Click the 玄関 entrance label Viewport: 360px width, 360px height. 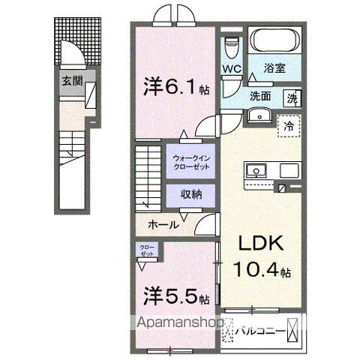click(72, 81)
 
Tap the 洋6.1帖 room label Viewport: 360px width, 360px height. click(175, 88)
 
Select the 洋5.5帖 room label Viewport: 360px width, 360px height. click(175, 298)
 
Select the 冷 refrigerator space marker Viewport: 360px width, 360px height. click(288, 127)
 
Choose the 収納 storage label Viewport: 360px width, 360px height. click(190, 193)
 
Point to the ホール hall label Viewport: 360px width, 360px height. click(163, 223)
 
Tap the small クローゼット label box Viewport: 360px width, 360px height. click(147, 250)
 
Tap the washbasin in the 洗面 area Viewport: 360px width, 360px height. click(259, 115)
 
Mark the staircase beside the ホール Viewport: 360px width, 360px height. click(149, 176)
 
